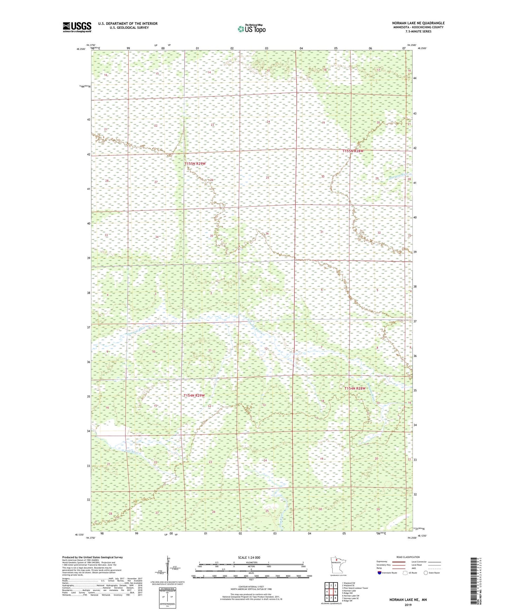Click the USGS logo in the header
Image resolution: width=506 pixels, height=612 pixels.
coord(77,27)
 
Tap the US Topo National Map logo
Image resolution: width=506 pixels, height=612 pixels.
coord(251,29)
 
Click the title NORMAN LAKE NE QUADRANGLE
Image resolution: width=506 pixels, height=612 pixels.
coord(418,23)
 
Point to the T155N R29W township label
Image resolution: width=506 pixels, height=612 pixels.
coord(195,164)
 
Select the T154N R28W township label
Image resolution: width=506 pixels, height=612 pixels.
coord(355,388)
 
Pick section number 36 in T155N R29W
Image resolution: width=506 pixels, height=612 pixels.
coord(267,233)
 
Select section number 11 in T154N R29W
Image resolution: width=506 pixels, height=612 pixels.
coord(210,351)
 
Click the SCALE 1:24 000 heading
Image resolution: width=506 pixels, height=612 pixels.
coord(249,558)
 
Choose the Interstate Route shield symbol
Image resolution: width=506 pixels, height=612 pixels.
coord(380,573)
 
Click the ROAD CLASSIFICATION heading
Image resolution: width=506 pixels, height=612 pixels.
coord(408,557)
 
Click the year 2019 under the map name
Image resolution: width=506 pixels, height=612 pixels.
coord(408,605)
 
